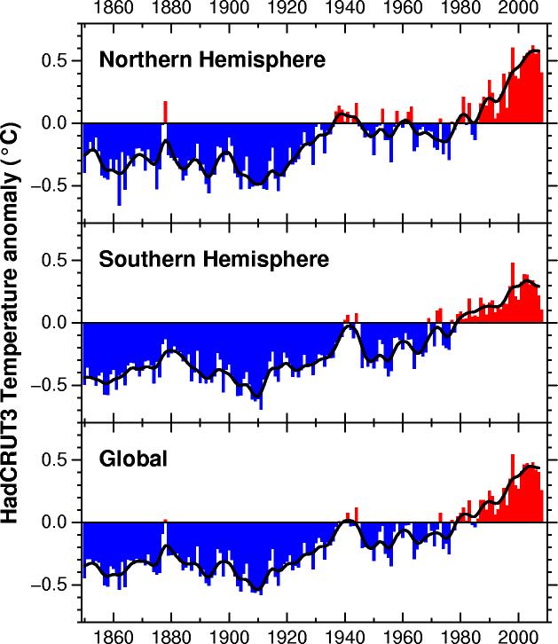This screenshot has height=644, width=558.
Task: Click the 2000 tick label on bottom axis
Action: (x=519, y=635)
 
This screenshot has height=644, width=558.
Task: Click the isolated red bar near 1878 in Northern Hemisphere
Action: (x=165, y=112)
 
